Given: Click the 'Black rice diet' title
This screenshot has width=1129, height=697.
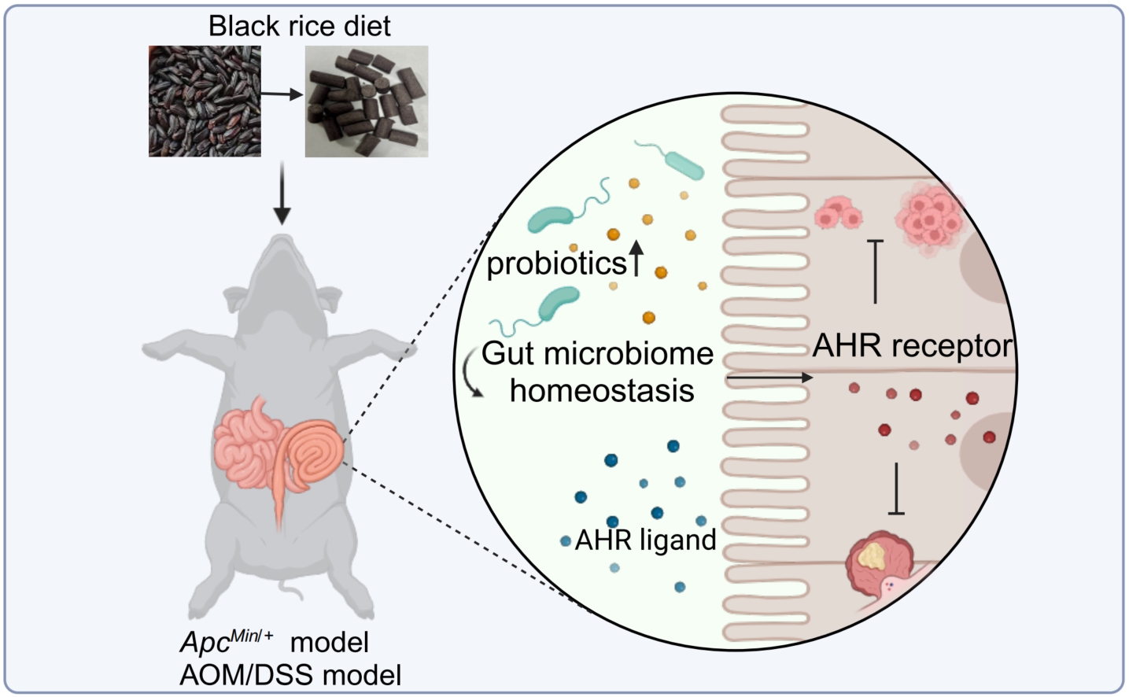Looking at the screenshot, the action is click(x=300, y=26).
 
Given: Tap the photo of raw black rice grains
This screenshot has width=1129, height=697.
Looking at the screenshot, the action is click(x=205, y=101).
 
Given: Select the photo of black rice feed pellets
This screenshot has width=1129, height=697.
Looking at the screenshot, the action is click(x=367, y=101).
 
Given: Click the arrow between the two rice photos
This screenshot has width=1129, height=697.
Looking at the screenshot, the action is click(x=282, y=94).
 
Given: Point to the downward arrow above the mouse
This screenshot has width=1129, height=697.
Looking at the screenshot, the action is click(x=282, y=193).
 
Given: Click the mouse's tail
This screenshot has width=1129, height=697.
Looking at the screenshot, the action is click(x=292, y=590).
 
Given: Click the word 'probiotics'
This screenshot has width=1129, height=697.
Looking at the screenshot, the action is click(x=556, y=264).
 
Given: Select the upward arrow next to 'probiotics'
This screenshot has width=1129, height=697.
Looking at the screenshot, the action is click(x=636, y=258).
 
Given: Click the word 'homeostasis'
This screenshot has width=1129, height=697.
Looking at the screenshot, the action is click(x=602, y=390).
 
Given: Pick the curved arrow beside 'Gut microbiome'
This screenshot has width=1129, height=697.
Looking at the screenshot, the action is click(x=472, y=373).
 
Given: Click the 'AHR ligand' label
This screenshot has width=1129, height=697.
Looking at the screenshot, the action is click(x=645, y=540).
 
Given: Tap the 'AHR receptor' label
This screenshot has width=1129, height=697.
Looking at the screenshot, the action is click(x=913, y=345).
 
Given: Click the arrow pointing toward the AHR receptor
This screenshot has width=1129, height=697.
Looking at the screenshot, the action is click(x=769, y=377).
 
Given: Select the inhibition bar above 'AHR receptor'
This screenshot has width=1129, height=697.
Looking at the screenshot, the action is click(x=875, y=271).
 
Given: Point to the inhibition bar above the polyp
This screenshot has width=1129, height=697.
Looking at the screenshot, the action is click(x=896, y=489).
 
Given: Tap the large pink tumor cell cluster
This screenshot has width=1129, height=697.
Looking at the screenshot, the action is click(x=930, y=219).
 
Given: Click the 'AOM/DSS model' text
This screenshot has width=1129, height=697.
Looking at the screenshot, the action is click(x=290, y=675).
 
